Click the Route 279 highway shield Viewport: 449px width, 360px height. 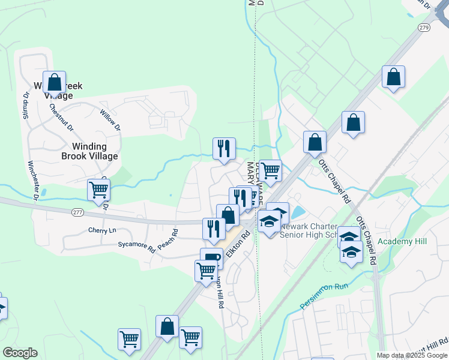tap(424, 28)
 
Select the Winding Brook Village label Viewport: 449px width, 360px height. tap(89, 151)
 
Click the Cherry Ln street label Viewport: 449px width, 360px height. tap(101, 230)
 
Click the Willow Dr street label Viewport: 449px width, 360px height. tap(110, 120)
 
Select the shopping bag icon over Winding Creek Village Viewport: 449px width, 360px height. tap(55, 83)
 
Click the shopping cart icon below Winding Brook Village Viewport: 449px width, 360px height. tap(99, 190)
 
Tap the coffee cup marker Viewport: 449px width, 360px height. tap(211, 258)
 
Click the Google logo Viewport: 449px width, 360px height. tap(20, 353)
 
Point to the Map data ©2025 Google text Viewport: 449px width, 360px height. tap(411, 355)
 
